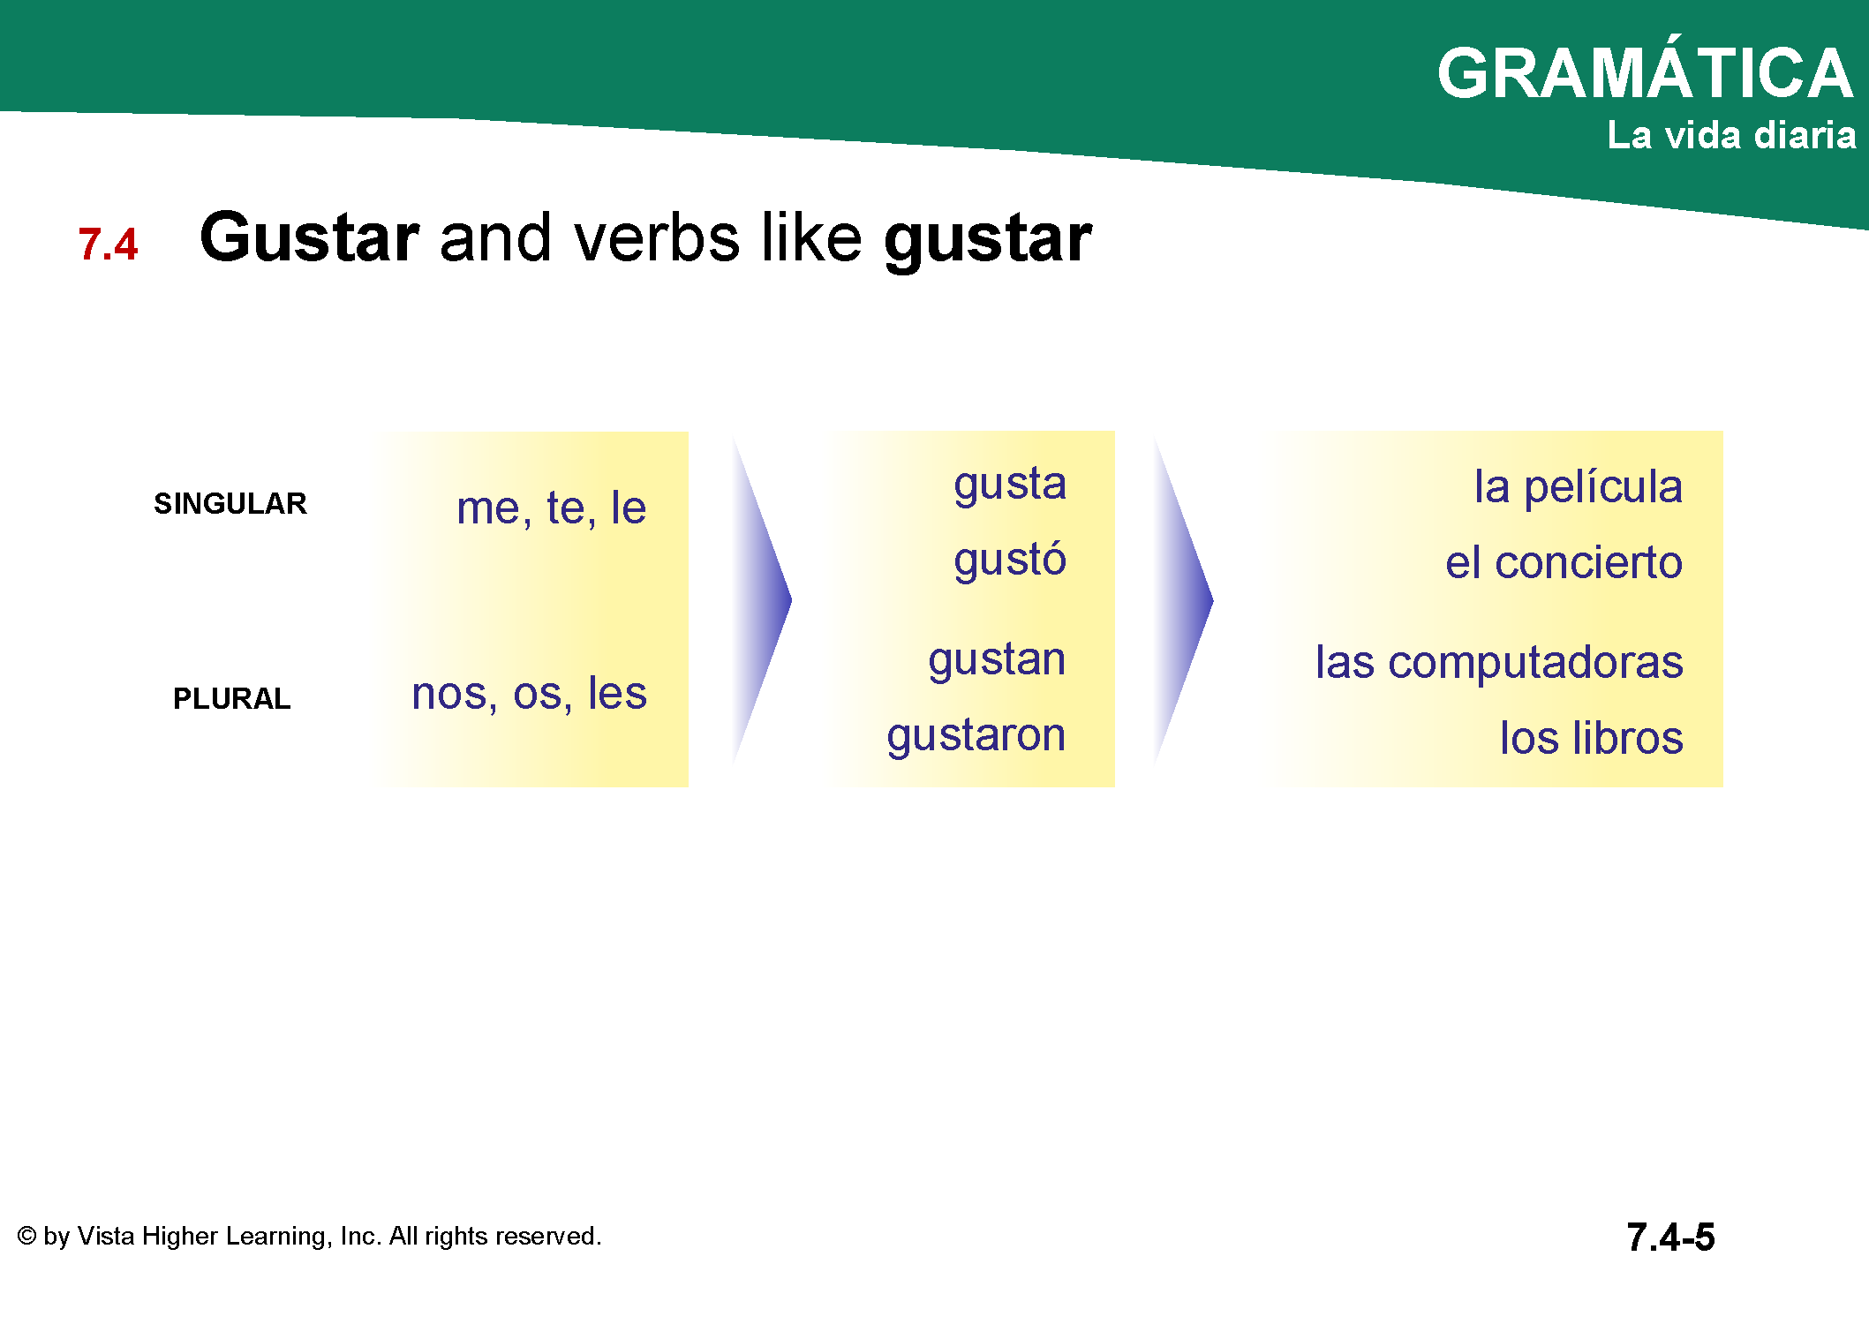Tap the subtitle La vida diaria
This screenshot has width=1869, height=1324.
1731,135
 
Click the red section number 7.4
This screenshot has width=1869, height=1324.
108,244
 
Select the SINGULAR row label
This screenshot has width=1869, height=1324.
230,503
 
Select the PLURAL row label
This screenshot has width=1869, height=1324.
231,698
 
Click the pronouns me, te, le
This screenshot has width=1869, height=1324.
551,508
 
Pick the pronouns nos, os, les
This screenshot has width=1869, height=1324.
529,694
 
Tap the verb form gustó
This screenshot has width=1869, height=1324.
1010,560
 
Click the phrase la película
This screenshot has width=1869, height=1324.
1579,487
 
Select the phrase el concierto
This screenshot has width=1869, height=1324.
1564,562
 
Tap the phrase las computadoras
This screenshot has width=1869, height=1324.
1499,663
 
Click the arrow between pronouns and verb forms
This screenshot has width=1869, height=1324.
763,600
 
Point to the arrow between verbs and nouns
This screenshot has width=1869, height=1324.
1184,600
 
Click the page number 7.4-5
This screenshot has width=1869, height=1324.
1670,1237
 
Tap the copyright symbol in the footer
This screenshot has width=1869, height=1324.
26,1236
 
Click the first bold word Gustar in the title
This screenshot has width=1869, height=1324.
309,238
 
